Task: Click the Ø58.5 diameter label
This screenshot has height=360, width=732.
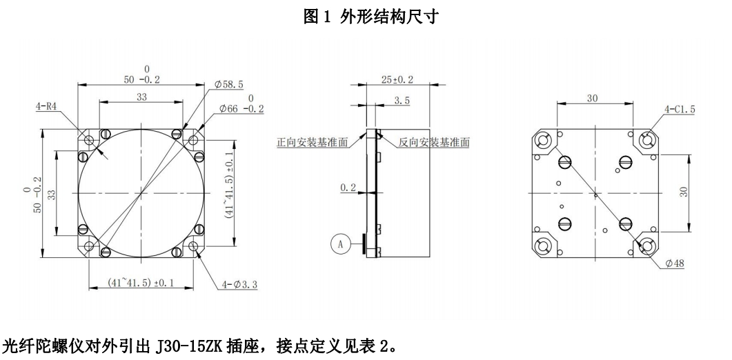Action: pos(229,85)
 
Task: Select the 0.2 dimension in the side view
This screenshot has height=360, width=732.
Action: pos(350,187)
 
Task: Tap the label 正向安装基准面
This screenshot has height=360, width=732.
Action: pos(310,142)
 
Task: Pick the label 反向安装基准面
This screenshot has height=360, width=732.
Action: pos(434,142)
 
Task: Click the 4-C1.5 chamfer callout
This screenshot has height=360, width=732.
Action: pos(680,108)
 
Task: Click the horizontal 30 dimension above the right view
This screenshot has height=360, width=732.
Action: pos(592,99)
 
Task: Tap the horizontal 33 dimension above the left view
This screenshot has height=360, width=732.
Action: pos(141,98)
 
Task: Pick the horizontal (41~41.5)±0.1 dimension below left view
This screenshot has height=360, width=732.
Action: pos(141,283)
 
